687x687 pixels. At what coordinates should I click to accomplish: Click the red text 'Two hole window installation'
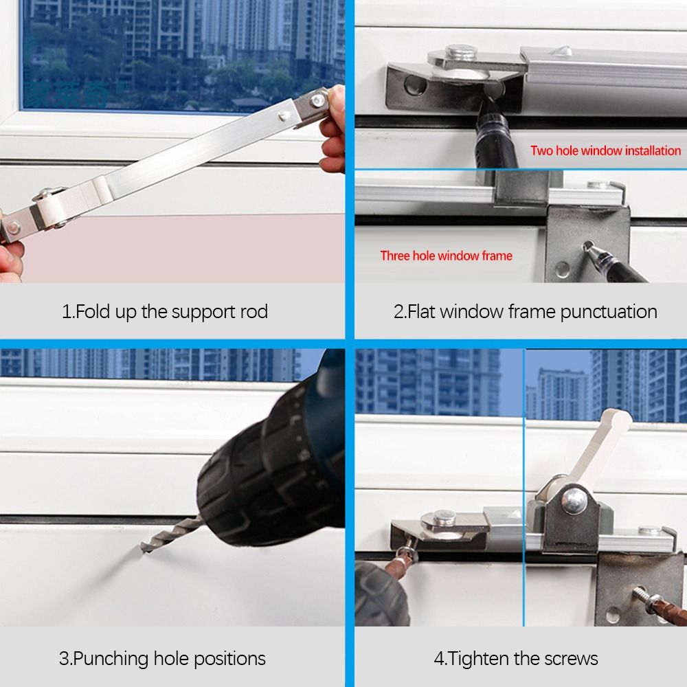pos(605,150)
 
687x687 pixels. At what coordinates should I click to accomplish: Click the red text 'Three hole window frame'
pos(446,256)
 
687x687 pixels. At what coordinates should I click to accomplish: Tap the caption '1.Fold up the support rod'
pos(165,311)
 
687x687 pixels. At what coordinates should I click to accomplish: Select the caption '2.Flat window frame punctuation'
pos(525,311)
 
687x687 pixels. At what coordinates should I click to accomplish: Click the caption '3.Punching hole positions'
pos(162,658)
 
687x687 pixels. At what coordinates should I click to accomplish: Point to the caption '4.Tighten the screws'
pos(515,658)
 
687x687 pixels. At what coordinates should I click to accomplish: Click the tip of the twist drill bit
pos(144,548)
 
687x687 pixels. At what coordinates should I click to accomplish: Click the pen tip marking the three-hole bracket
pos(587,245)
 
